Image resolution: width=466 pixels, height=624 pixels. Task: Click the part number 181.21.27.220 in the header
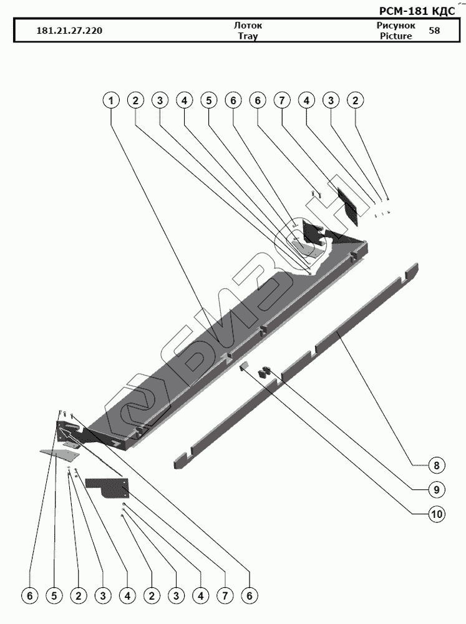tap(70, 31)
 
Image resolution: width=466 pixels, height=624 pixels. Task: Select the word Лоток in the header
tap(248, 26)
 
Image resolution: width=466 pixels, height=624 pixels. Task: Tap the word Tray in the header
tap(248, 36)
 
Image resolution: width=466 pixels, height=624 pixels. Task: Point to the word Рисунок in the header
tap(396, 26)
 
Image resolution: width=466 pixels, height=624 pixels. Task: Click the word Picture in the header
tap(396, 36)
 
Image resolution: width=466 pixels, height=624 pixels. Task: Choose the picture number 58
tap(434, 31)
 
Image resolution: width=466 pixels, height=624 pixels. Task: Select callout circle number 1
tap(112, 100)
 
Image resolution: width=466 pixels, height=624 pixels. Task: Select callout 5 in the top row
tap(208, 100)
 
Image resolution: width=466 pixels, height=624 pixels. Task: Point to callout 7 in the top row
tap(282, 100)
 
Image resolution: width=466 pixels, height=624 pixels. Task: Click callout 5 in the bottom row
tap(54, 597)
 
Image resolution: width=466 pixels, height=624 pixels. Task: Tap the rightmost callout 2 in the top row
tap(356, 100)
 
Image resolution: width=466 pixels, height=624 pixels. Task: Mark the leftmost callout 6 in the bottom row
tap(29, 597)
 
